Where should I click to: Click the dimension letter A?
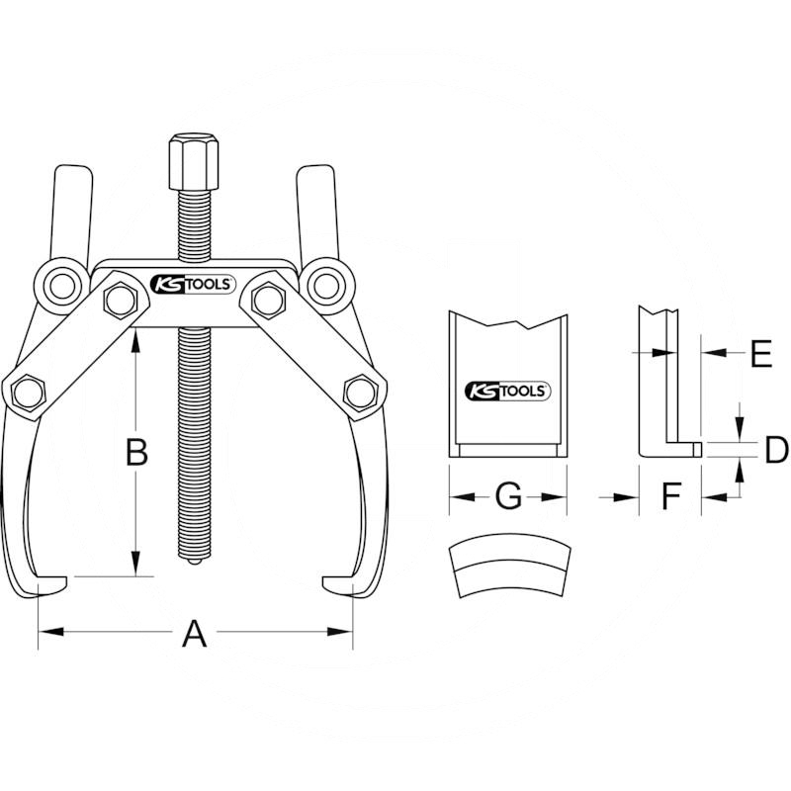pos(194,634)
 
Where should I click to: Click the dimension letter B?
pos(136,452)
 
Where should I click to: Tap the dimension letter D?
pos(776,450)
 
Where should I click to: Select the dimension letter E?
pos(761,354)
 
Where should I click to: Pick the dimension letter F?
pos(671,496)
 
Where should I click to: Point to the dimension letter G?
pos(508,496)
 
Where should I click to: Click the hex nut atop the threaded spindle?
pos(194,162)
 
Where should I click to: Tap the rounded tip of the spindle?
pos(194,562)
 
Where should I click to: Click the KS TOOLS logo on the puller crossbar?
pos(193,284)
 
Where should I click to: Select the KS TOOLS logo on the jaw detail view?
pos(507,391)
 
